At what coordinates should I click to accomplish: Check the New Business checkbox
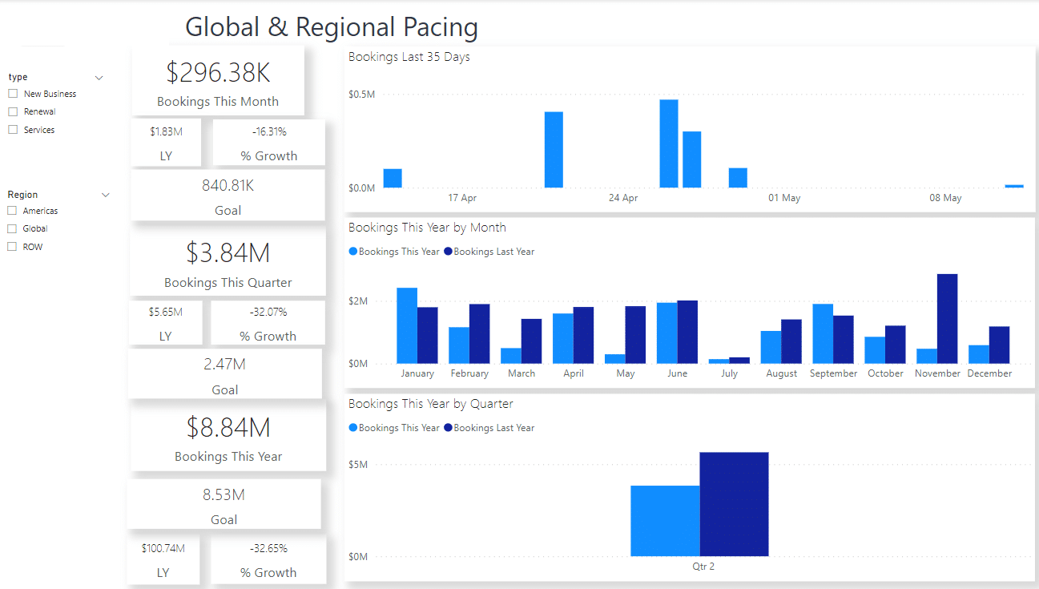tap(13, 94)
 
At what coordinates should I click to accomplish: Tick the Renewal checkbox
tap(13, 111)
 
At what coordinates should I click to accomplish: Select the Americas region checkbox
tap(12, 211)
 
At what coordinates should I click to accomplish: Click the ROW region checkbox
tap(12, 247)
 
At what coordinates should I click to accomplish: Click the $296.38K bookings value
tap(218, 73)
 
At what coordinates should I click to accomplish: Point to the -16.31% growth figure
tap(268, 131)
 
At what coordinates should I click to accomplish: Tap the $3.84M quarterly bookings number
tap(228, 253)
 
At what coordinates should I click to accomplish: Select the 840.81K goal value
tap(228, 186)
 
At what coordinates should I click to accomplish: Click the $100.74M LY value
tap(163, 548)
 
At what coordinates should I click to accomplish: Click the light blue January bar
tap(407, 325)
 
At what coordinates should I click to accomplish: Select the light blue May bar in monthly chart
tap(615, 358)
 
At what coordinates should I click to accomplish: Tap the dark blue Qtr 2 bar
tap(734, 504)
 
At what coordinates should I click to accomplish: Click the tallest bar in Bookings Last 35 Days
tap(669, 143)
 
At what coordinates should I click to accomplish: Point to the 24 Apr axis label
tap(623, 198)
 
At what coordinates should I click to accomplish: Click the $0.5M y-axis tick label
tap(361, 95)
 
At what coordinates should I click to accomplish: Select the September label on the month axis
tap(833, 373)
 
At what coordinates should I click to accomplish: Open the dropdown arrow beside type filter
tap(99, 78)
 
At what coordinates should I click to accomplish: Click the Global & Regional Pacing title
tap(332, 27)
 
